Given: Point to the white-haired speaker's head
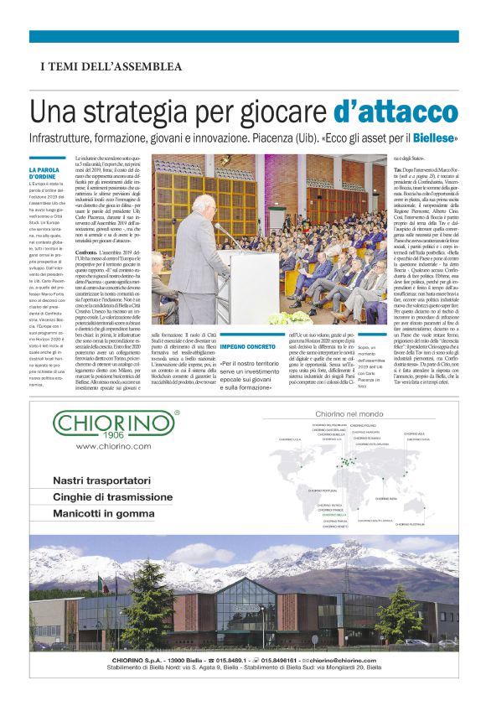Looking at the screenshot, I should pyautogui.click(x=204, y=205).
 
